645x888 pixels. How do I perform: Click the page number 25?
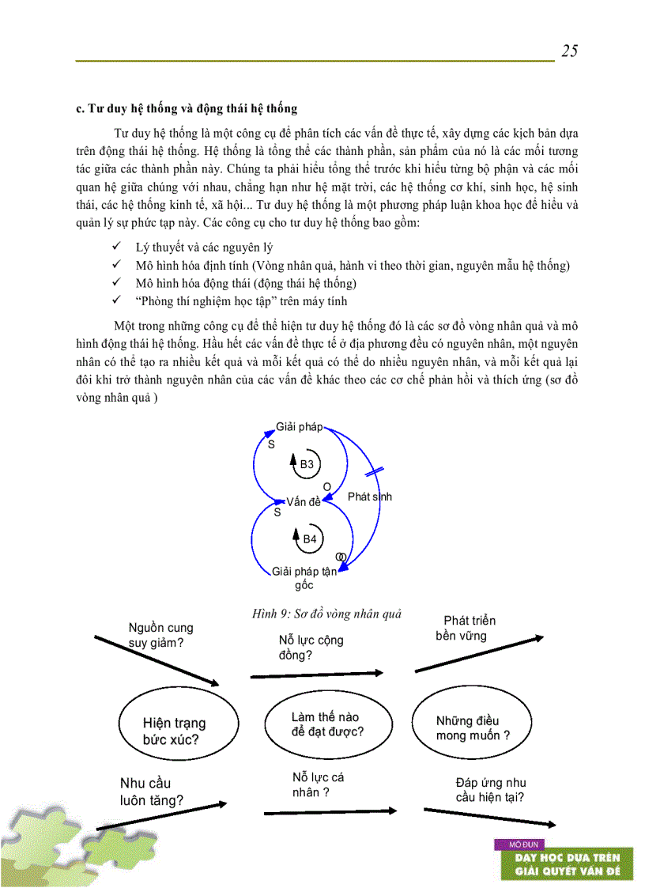(x=569, y=51)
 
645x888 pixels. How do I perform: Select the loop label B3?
(x=307, y=464)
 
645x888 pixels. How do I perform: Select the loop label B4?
(x=310, y=538)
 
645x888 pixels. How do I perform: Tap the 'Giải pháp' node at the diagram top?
(x=299, y=427)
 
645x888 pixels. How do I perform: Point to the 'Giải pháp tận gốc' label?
(x=304, y=578)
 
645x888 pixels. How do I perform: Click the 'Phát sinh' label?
(x=369, y=497)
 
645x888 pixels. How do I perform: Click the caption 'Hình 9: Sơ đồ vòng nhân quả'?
(x=326, y=614)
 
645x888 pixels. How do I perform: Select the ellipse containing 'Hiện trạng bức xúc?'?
(x=174, y=731)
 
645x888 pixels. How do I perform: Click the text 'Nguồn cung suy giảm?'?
(x=160, y=635)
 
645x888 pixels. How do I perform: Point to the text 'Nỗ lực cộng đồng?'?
(x=311, y=647)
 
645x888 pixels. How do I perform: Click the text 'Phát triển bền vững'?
(x=466, y=628)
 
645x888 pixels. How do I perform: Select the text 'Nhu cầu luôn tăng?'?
(x=152, y=791)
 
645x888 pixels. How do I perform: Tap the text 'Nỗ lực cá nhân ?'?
(x=318, y=784)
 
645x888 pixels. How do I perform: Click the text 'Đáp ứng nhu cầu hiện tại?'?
(x=490, y=790)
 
